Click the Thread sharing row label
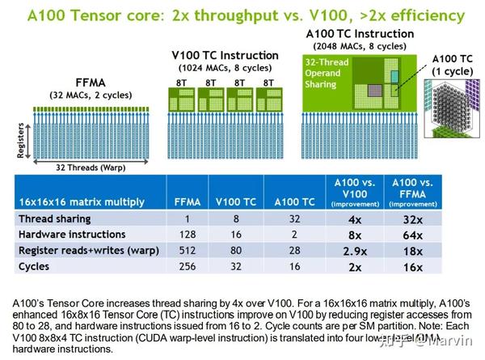click(55, 218)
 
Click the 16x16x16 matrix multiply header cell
click(75, 201)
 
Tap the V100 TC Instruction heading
click(225, 55)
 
